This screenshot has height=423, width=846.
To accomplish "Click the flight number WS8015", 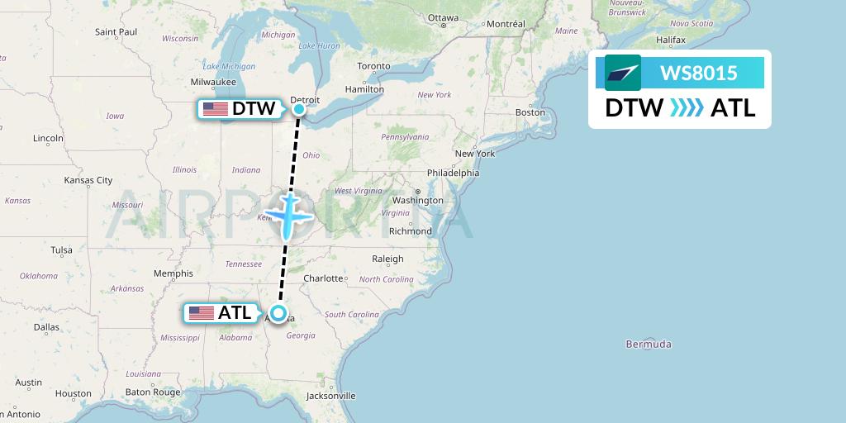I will point(698,73).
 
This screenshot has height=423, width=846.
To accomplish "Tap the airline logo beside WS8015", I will point(623,73).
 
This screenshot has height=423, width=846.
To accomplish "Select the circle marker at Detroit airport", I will point(299,108).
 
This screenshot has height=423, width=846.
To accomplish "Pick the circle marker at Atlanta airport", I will point(278,313).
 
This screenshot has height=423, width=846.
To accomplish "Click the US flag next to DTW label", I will point(216,109).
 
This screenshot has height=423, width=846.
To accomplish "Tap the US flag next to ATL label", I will point(202,313).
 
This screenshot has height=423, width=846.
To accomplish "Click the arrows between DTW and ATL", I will point(687,108).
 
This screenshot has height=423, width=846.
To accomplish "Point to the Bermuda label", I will point(649,344).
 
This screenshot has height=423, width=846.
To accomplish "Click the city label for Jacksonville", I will point(330,396).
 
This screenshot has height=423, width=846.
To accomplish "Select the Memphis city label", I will point(173,273).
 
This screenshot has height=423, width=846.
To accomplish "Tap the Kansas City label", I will point(88,180).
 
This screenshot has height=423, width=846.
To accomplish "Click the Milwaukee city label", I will point(213,82).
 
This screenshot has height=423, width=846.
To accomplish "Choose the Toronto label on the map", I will point(373,66).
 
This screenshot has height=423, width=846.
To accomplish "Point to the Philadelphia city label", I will point(453,173).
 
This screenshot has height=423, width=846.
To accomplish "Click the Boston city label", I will point(530,112).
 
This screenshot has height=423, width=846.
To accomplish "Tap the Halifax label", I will point(671,40).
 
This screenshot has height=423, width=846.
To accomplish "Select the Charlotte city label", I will point(323,278).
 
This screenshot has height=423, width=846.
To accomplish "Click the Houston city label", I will point(74,394).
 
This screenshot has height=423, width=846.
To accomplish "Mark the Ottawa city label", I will point(443,17).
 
